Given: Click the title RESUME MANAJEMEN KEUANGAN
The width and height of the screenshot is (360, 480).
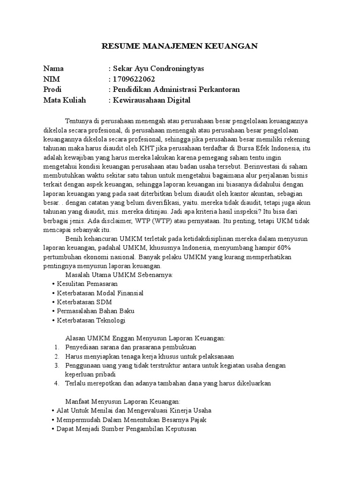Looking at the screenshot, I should tap(180, 46).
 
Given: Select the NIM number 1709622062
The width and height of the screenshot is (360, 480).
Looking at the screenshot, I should tap(133, 79).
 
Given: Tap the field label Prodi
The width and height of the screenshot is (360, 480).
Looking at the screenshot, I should tap(52, 89).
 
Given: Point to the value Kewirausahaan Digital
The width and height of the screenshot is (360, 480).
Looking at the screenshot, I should tap(151, 100).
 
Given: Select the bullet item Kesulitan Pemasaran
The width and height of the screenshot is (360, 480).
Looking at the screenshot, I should tap(87, 284).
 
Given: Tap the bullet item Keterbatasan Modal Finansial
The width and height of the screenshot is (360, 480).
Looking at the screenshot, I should tap(100, 293).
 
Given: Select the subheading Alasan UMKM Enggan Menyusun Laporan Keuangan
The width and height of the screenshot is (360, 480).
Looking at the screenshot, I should tap(145, 338).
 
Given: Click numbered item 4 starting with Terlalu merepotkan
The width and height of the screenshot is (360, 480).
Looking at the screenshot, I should tap(168, 383).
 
